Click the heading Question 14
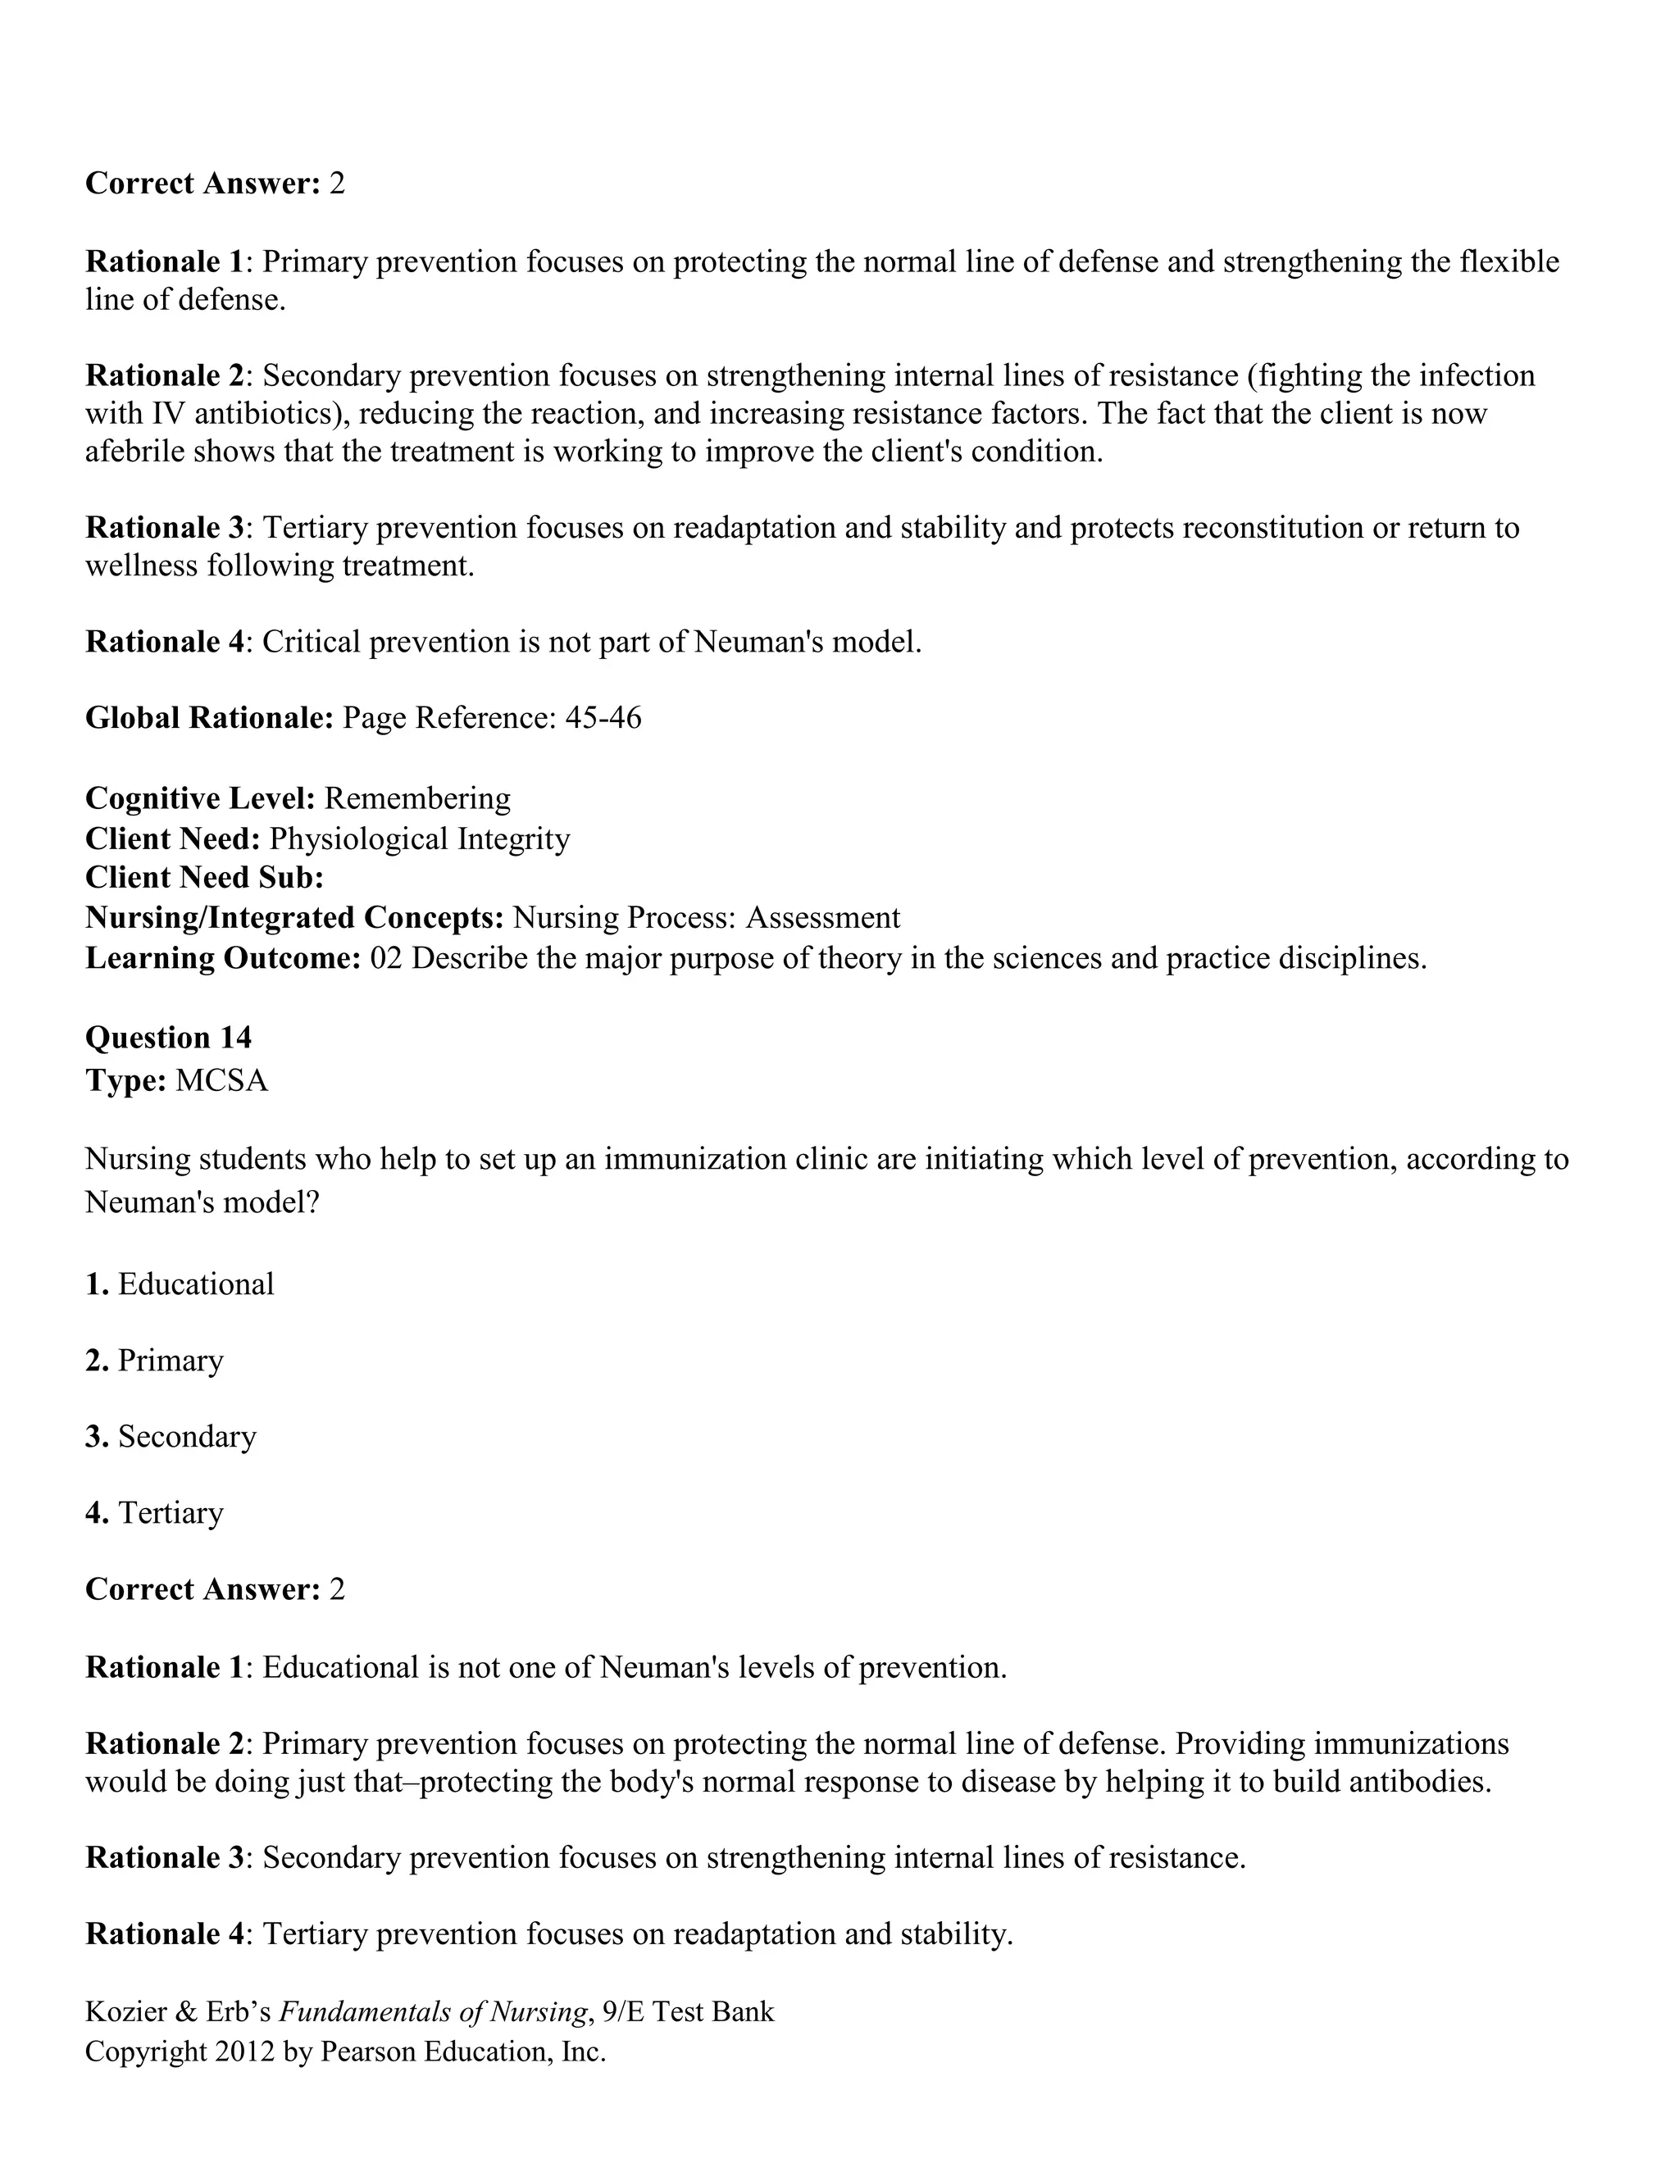coord(168,1038)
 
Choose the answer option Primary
coord(170,1361)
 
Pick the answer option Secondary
coord(187,1436)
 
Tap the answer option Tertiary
coord(170,1513)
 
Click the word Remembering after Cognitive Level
coord(416,797)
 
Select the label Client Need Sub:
coord(205,877)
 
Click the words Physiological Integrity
coord(420,838)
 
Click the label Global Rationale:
coord(209,717)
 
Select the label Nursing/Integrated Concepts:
coord(294,917)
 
